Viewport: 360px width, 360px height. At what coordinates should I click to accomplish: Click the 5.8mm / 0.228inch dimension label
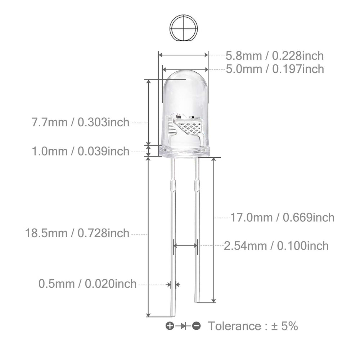pyautogui.click(x=275, y=56)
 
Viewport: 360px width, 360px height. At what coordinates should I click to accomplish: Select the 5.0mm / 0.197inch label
pyautogui.click(x=275, y=69)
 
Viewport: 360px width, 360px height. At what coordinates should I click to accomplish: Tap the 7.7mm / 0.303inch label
pyautogui.click(x=80, y=122)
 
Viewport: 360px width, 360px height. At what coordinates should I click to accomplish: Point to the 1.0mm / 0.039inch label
pyautogui.click(x=80, y=152)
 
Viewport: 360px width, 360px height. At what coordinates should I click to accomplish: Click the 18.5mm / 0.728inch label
pyautogui.click(x=77, y=233)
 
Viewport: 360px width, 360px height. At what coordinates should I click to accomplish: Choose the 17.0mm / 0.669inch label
pyautogui.click(x=282, y=218)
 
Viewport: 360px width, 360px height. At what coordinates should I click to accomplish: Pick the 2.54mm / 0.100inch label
pyautogui.click(x=276, y=246)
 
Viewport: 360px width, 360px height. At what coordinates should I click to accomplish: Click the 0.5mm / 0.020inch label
pyautogui.click(x=87, y=284)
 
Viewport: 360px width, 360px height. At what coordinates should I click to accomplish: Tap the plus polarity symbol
pyautogui.click(x=170, y=325)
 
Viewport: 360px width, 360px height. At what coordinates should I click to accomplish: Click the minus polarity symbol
pyautogui.click(x=196, y=325)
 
